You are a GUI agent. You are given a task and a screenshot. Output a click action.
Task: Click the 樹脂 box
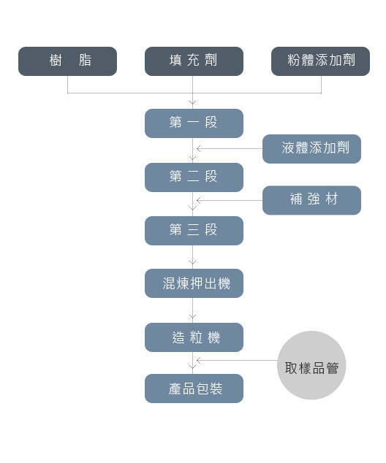67,61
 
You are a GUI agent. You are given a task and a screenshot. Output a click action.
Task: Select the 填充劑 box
194,61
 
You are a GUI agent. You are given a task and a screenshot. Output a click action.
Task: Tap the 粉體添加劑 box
320,61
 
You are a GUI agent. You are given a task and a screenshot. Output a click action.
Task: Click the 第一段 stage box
194,123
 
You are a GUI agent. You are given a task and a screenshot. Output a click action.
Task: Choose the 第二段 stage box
194,177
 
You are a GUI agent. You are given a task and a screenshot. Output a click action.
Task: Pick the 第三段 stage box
194,231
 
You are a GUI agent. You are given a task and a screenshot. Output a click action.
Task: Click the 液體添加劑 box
311,149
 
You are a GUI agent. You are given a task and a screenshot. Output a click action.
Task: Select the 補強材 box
311,200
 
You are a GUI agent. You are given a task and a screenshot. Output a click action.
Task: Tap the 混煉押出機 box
194,283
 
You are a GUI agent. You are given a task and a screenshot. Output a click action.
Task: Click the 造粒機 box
194,337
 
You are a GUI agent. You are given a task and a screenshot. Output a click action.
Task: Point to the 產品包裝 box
194,389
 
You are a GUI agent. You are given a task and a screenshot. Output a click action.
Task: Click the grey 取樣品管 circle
311,365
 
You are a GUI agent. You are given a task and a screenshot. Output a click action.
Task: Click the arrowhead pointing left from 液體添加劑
198,148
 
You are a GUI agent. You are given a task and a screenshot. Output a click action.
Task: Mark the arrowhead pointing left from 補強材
198,201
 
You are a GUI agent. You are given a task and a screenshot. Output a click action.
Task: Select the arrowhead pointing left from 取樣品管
198,360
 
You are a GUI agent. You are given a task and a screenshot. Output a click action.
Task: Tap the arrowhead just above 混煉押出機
193,262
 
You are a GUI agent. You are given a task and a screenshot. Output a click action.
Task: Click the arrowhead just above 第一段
193,102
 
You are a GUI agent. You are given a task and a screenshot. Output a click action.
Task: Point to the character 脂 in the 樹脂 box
85,60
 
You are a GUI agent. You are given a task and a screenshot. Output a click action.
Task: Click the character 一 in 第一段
193,122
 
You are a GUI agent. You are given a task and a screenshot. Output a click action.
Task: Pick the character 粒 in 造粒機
196,337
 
